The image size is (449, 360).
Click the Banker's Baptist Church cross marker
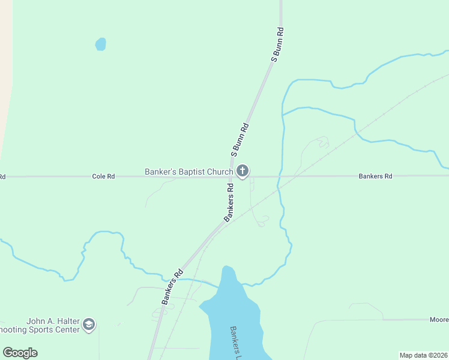[243, 172]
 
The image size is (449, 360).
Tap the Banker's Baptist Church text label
[188, 172]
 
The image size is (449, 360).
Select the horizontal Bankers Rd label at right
[375, 176]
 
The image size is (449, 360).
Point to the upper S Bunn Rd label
[277, 44]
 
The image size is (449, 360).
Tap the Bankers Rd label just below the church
[229, 203]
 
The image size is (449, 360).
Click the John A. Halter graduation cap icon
[89, 325]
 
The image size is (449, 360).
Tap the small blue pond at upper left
[101, 44]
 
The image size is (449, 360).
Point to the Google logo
[20, 353]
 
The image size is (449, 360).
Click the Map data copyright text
[423, 355]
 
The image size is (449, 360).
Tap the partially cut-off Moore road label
[438, 320]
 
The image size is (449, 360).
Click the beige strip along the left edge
[5, 72]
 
